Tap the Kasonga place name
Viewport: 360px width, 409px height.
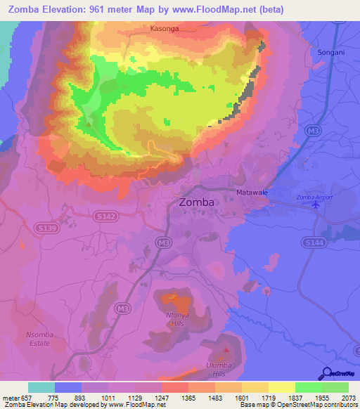(x=165, y=30)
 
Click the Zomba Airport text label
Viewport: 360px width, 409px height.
(x=315, y=197)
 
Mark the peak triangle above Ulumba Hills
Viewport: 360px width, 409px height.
(x=226, y=349)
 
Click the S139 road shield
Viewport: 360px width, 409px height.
(x=45, y=228)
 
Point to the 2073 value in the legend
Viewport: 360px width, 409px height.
(x=347, y=397)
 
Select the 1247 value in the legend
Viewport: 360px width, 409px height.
(x=160, y=397)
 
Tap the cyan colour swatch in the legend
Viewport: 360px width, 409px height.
(x=41, y=387)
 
